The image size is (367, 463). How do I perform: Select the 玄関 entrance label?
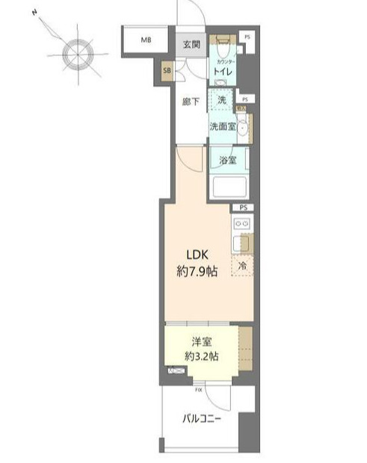[191, 45]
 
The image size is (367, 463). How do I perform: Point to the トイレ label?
[222, 71]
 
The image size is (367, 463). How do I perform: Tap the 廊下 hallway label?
[190, 102]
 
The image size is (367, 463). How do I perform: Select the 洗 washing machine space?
[221, 100]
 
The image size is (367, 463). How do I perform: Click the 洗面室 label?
[222, 127]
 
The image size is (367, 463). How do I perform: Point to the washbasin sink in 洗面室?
[241, 127]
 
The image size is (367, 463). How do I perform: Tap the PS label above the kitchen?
[243, 208]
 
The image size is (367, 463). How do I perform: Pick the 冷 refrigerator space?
[242, 266]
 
